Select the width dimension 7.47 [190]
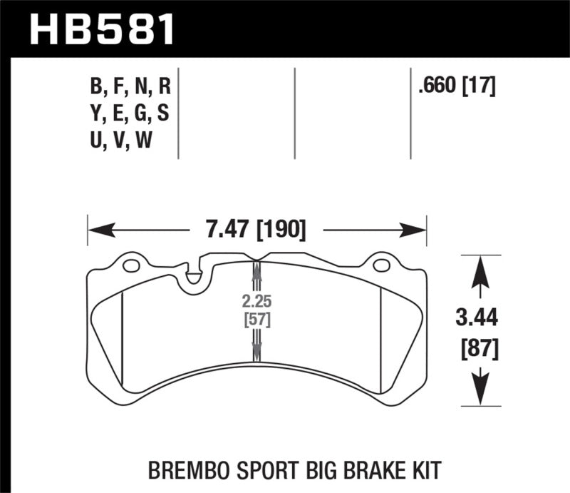[257, 230]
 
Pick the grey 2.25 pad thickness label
[256, 300]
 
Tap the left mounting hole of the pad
[130, 267]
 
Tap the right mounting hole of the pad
[381, 267]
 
